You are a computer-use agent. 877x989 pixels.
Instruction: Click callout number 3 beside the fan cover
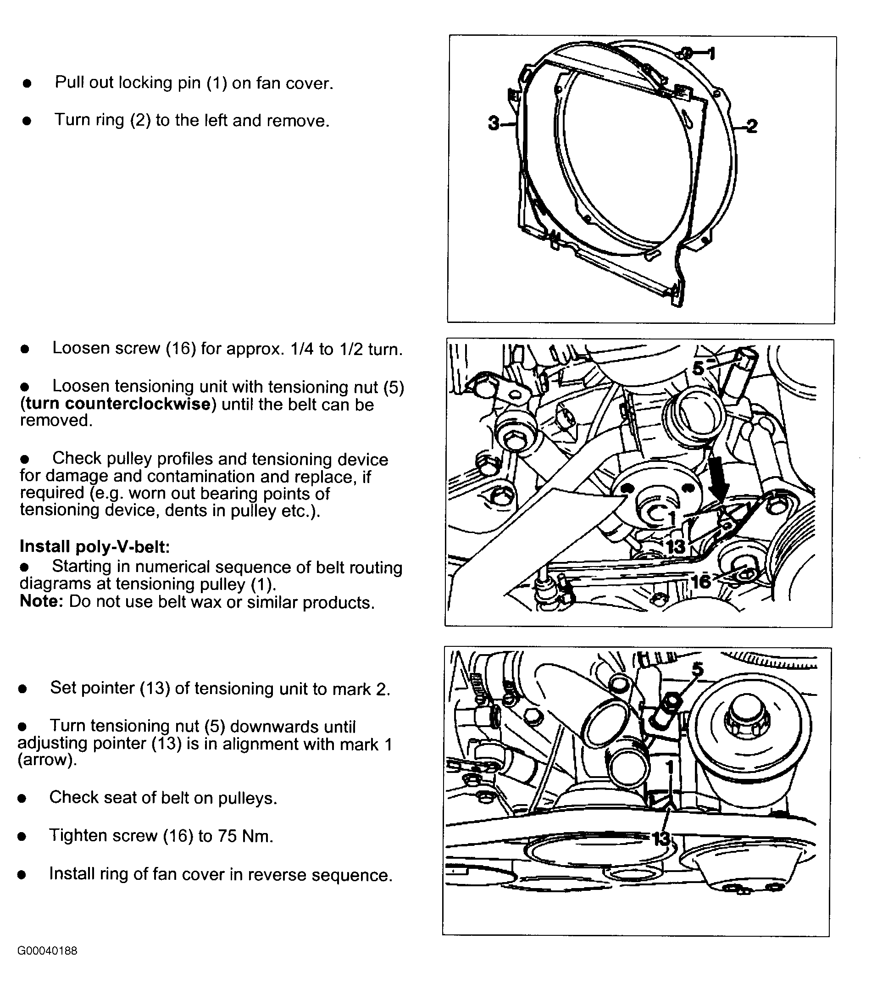click(x=493, y=123)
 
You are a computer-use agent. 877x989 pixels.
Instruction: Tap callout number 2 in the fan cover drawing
click(x=751, y=126)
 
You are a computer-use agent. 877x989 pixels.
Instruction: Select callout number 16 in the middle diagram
click(x=701, y=581)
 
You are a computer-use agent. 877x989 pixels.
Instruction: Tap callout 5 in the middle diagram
click(x=698, y=368)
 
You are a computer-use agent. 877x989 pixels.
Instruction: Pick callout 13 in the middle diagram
click(x=676, y=547)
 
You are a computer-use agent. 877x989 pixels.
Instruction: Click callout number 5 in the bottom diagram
click(x=697, y=669)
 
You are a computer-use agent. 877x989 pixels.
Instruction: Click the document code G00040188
click(x=47, y=951)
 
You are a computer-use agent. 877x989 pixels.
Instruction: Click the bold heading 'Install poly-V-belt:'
click(x=95, y=546)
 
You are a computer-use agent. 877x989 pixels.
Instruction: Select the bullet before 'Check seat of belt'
click(x=22, y=799)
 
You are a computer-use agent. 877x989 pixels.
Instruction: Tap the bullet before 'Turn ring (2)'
click(x=27, y=121)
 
